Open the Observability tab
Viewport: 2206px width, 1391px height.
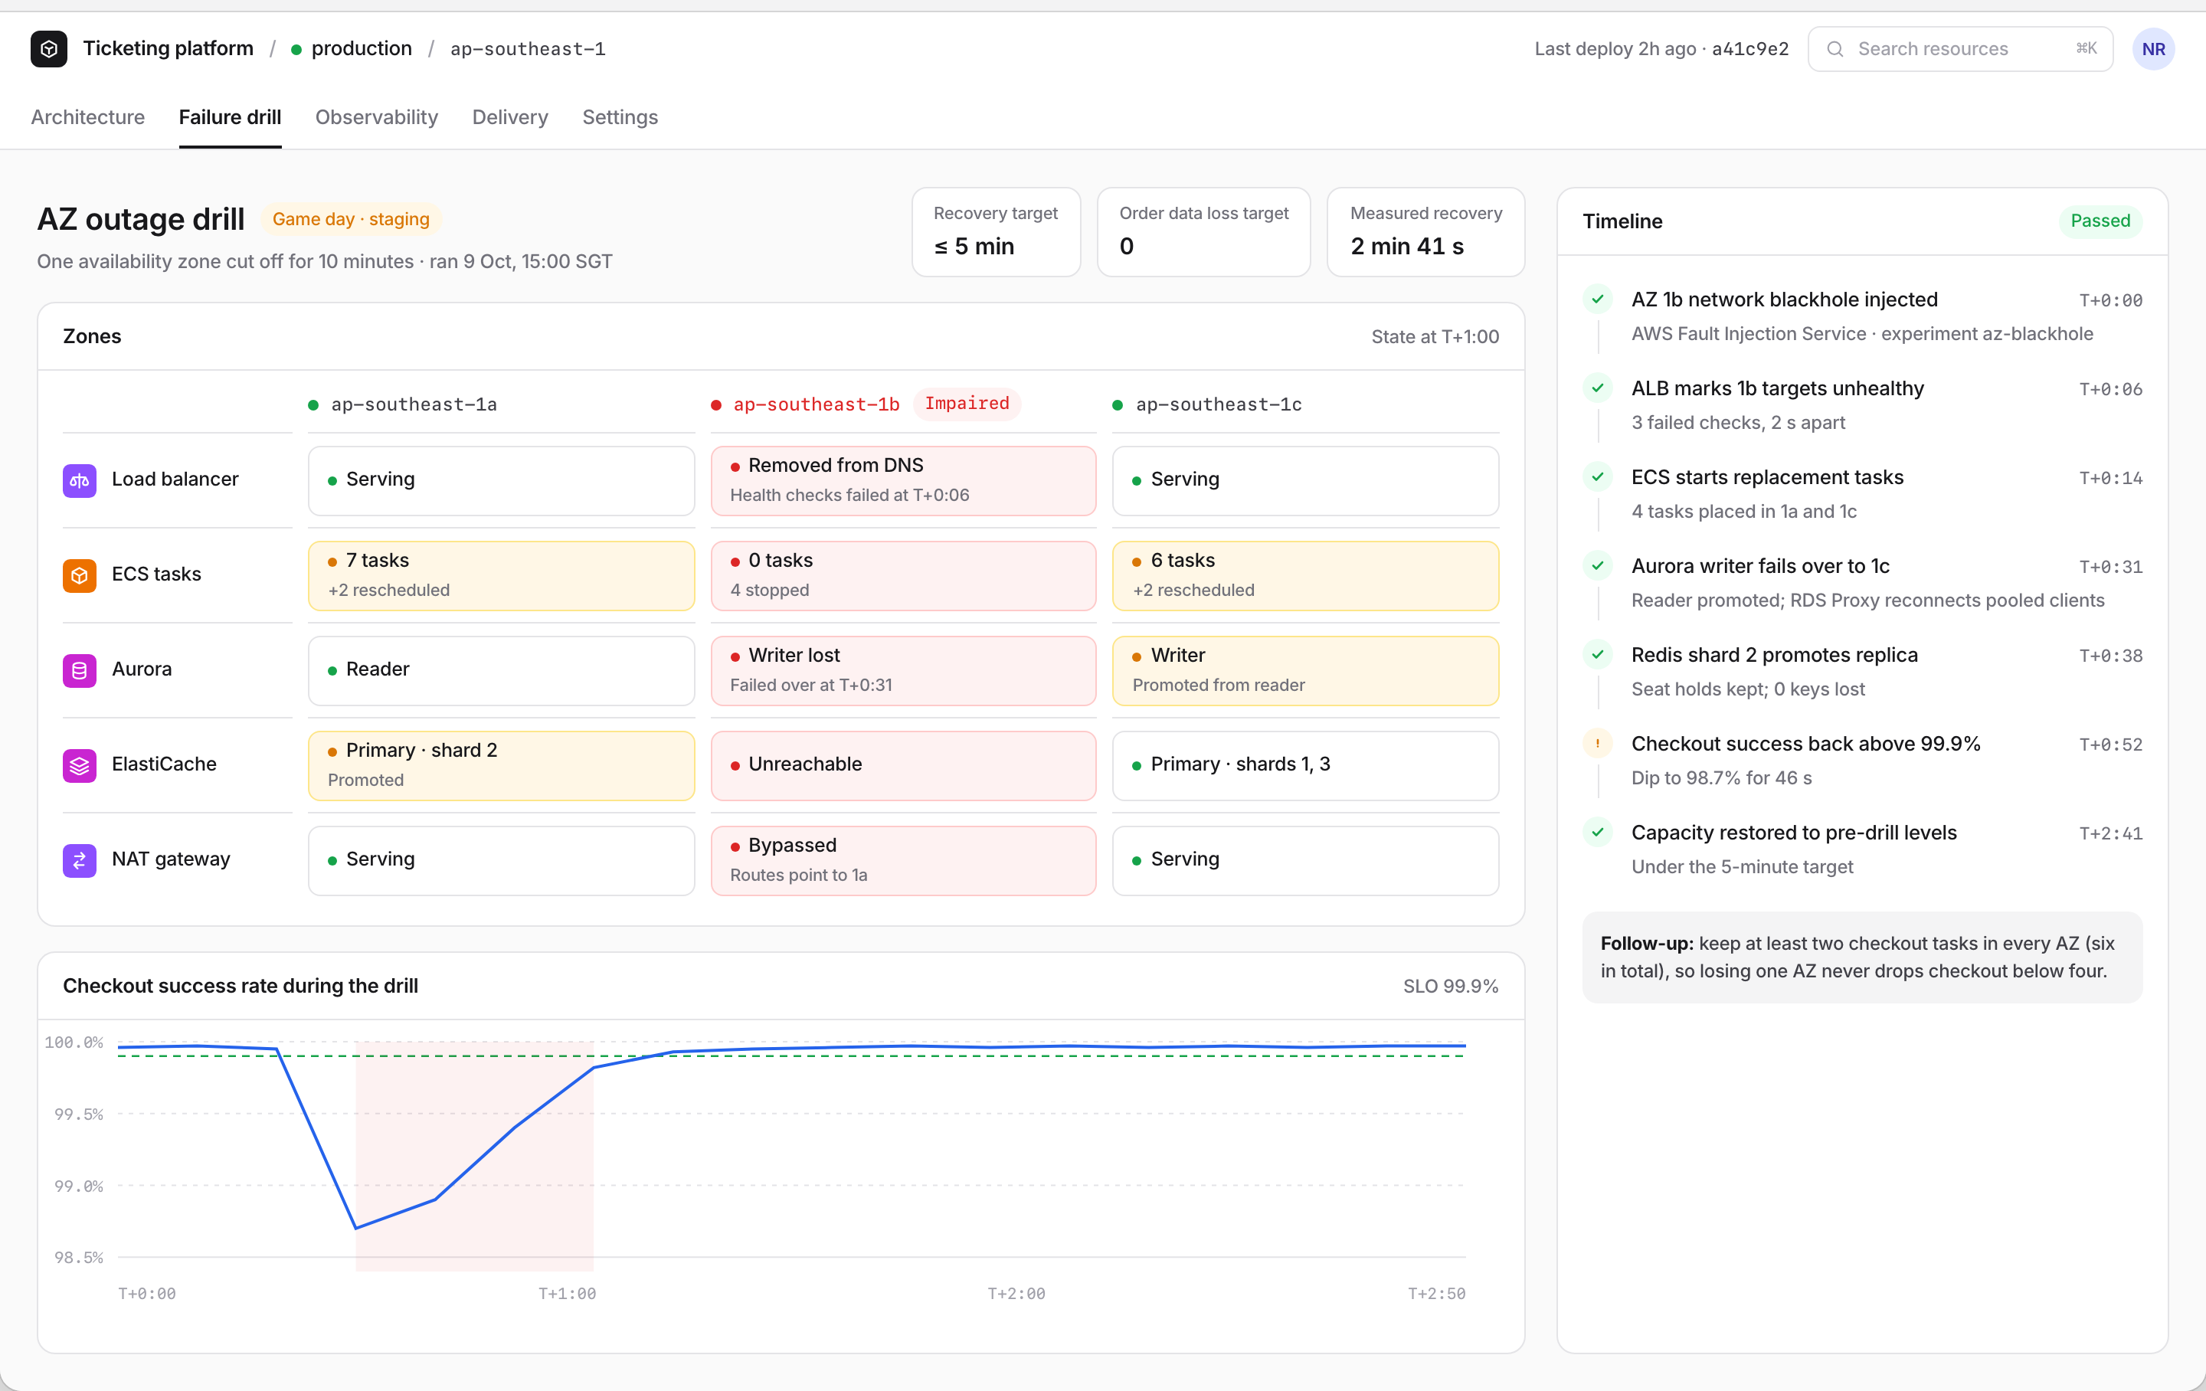pos(377,117)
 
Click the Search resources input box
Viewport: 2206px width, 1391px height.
pos(1959,48)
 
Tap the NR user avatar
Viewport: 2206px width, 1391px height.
pos(2153,48)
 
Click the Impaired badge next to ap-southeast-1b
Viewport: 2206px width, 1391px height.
pos(967,403)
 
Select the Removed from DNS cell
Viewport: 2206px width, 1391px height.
pos(903,480)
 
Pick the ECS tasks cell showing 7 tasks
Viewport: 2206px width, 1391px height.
pos(501,575)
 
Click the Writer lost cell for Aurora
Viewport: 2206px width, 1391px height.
pos(903,670)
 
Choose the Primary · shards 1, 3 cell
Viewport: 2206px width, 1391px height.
pos(1304,765)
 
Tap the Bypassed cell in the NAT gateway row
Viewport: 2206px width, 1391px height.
pos(903,860)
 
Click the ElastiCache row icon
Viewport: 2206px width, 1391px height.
pos(80,765)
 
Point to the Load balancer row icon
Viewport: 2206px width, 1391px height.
pos(80,480)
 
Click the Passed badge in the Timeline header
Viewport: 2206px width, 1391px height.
pos(2100,221)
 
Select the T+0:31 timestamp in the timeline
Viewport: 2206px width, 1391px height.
pos(2109,568)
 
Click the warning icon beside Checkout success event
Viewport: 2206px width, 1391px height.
pos(1597,743)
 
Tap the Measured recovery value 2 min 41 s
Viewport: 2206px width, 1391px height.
pos(1406,246)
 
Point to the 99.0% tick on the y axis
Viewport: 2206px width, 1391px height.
pos(78,1186)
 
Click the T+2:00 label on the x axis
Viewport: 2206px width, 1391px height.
pos(1015,1293)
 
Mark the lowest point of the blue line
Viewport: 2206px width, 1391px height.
pos(355,1228)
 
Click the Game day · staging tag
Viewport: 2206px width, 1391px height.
pos(351,219)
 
